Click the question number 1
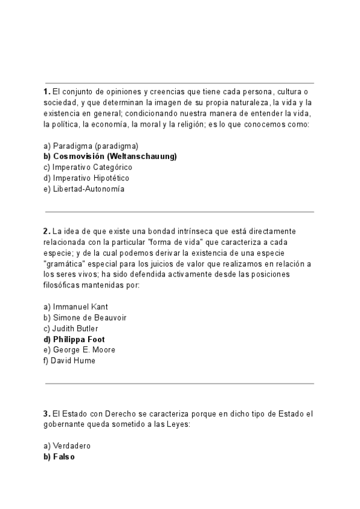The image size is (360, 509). click(46, 91)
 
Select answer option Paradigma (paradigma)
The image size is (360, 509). click(91, 146)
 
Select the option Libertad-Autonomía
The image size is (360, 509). click(83, 189)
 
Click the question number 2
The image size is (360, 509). click(46, 231)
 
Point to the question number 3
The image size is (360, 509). click(46, 414)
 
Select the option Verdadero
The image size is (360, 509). click(67, 446)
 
